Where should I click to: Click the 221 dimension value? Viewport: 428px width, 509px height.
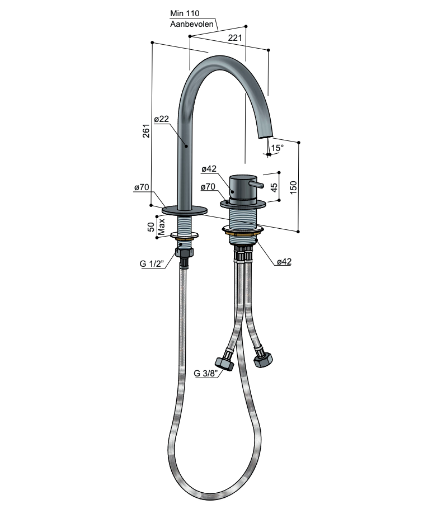(235, 37)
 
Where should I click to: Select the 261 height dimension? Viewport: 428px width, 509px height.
(147, 131)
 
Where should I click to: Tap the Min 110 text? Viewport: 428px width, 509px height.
(185, 13)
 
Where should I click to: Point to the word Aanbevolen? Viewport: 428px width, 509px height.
(192, 24)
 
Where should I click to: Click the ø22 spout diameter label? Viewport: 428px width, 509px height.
(161, 119)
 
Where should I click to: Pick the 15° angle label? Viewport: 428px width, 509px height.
(278, 148)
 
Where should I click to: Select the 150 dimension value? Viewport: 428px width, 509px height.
(293, 187)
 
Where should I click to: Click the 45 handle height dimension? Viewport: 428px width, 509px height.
(274, 187)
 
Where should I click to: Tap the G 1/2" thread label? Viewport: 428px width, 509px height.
(152, 263)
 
